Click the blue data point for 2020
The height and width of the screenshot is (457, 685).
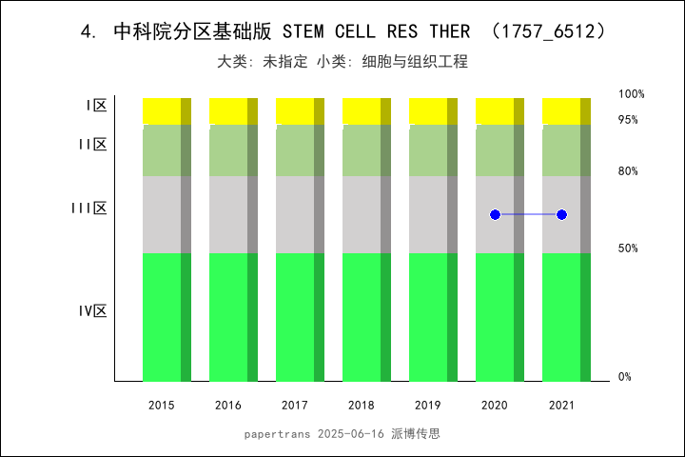(x=495, y=215)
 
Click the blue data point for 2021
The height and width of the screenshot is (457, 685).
(x=561, y=215)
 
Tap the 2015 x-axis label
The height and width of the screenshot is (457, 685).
(x=162, y=406)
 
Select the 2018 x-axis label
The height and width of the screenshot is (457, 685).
(x=362, y=406)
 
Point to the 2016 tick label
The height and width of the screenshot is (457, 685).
(x=228, y=406)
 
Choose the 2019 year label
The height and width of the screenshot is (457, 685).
(x=428, y=406)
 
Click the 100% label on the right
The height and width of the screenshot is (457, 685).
(x=632, y=94)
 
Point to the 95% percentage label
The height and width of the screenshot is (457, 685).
(x=628, y=120)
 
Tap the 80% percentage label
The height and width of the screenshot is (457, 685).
(x=628, y=171)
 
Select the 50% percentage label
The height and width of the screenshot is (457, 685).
(x=628, y=248)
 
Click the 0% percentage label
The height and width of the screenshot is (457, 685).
(x=625, y=377)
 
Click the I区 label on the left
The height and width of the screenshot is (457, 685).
(x=95, y=106)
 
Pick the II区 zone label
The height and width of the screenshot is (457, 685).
(x=92, y=145)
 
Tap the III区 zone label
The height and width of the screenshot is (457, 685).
(x=89, y=209)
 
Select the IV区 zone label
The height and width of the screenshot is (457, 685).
(x=92, y=311)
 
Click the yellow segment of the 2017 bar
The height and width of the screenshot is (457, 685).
(x=295, y=110)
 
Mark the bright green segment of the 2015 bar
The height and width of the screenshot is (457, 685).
(x=162, y=317)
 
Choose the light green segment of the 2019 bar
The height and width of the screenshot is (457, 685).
(x=428, y=150)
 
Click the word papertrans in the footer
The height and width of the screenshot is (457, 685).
(x=275, y=434)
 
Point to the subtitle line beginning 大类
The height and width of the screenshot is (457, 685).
(x=342, y=62)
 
